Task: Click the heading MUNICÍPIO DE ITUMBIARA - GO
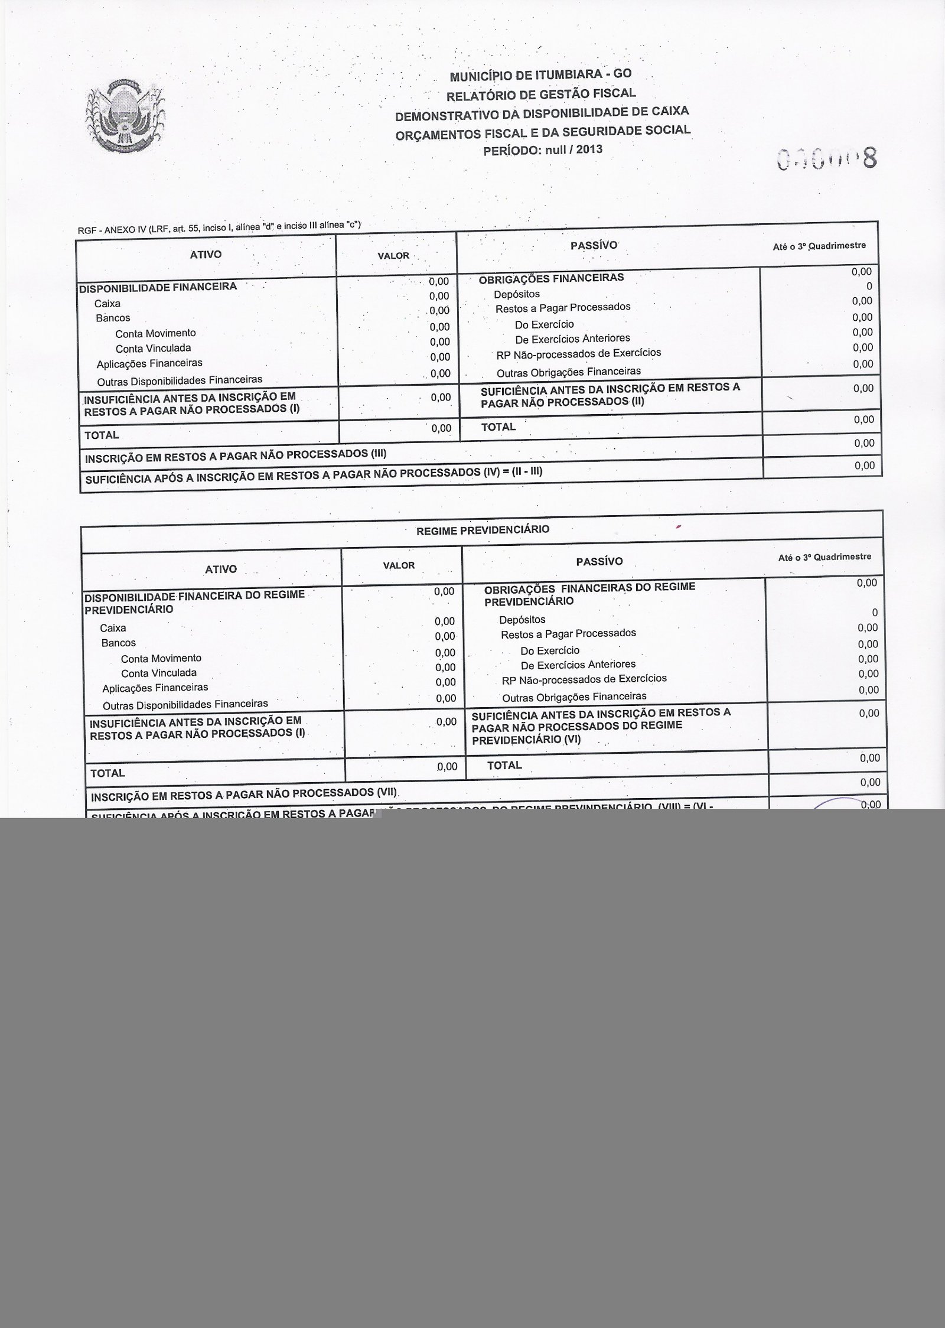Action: point(540,75)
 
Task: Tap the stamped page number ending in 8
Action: point(827,158)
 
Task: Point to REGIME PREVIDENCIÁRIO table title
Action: point(483,530)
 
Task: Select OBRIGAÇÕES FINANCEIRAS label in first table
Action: point(551,278)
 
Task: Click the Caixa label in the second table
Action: point(113,627)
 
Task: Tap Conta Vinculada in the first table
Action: point(153,348)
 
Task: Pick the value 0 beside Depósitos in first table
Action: point(868,287)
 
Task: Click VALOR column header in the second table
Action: point(399,565)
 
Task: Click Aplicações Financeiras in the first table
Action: point(149,363)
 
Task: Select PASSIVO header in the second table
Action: point(599,562)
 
